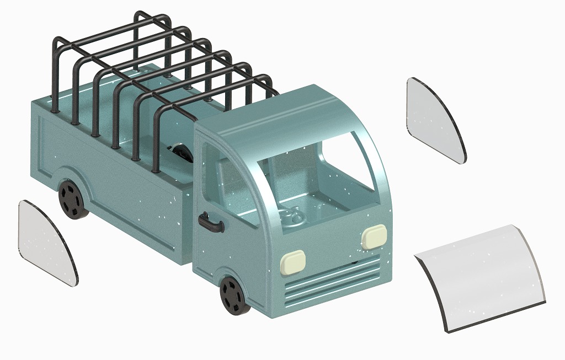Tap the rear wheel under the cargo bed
tap(72, 198)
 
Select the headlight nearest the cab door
tap(292, 261)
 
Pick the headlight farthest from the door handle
tap(375, 236)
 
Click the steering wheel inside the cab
tap(291, 217)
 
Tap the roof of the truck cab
tap(287, 113)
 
